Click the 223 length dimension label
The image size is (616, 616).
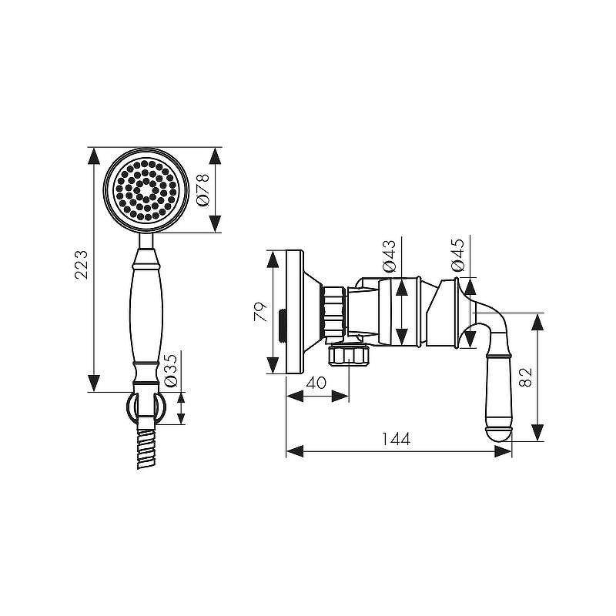(82, 264)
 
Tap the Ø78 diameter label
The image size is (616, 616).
(203, 189)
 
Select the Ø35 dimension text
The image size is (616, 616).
(171, 370)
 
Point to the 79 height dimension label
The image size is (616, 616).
(260, 313)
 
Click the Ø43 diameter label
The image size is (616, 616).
(389, 256)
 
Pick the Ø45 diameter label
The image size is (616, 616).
(457, 255)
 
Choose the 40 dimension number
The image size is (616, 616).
(316, 383)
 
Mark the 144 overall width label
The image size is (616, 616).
(396, 439)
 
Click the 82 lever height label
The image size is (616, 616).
(525, 377)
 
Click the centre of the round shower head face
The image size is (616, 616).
(146, 189)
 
